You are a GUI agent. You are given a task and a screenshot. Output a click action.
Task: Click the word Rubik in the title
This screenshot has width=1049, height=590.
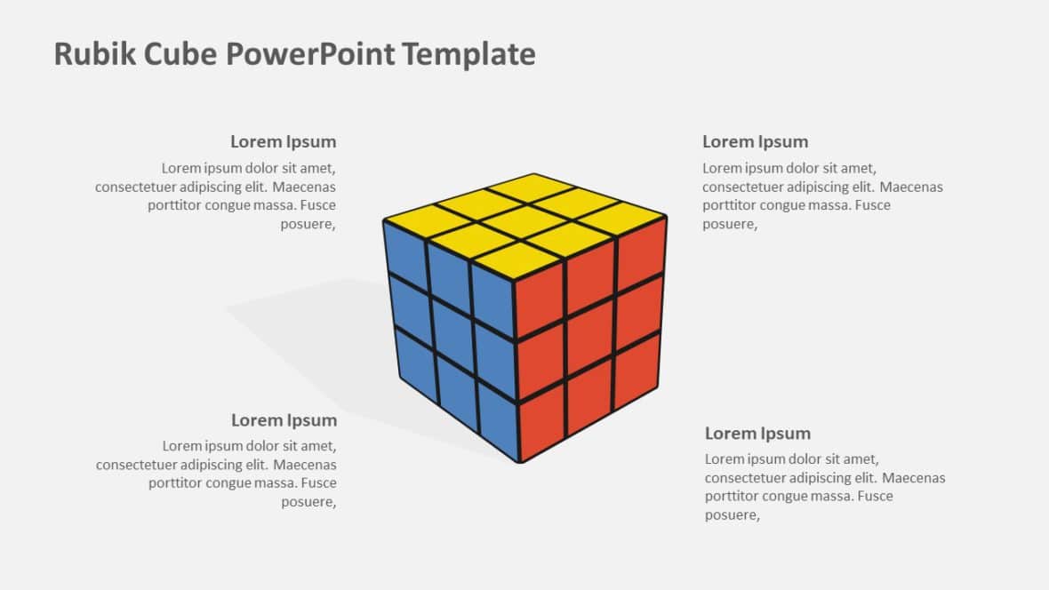tap(94, 53)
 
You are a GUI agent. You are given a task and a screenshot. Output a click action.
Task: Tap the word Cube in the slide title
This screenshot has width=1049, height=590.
tap(180, 53)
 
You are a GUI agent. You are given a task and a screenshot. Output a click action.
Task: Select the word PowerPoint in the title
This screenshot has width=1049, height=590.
tap(310, 53)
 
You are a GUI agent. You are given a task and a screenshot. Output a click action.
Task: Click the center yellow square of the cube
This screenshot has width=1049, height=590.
tap(525, 222)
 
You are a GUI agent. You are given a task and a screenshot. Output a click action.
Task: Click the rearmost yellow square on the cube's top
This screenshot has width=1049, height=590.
tap(533, 187)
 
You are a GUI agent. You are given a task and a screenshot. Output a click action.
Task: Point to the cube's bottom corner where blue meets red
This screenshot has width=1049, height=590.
tap(520, 461)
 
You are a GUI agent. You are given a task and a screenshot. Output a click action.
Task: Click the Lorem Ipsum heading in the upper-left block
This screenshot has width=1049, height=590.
tap(283, 142)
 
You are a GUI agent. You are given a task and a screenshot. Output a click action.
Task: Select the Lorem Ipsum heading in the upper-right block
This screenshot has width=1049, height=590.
tap(756, 142)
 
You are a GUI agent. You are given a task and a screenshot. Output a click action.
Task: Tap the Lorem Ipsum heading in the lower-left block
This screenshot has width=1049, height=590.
tap(284, 420)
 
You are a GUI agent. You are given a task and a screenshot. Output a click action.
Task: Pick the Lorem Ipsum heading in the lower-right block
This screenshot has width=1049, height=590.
tap(757, 434)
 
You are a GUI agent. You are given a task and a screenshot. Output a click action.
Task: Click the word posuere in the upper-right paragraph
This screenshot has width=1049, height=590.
tap(729, 224)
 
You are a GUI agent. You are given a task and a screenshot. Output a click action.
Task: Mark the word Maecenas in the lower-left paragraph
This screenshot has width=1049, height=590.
tap(304, 464)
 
